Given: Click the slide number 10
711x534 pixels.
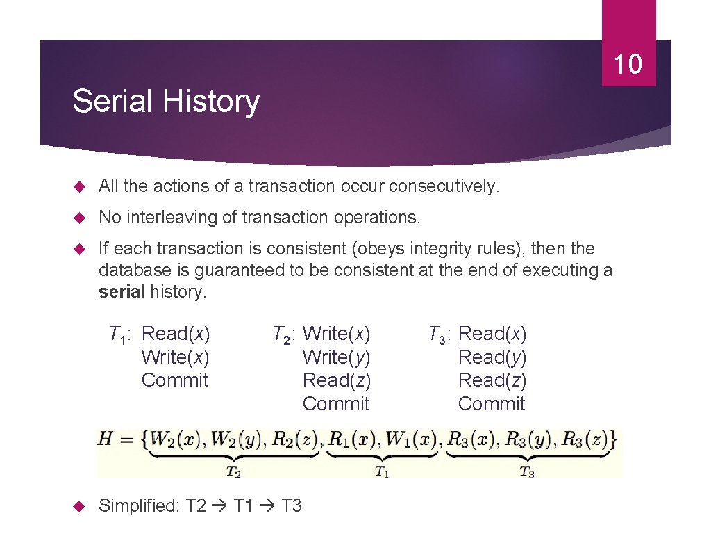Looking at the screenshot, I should [628, 65].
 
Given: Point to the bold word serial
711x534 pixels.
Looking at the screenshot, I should [122, 291].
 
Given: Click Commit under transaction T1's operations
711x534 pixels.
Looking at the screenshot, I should [175, 380].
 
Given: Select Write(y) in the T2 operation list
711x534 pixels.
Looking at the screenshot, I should [336, 357].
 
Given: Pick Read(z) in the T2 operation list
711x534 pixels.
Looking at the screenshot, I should [336, 380].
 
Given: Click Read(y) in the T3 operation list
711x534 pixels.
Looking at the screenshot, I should [492, 357].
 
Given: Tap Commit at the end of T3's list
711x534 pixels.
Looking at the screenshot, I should [492, 403].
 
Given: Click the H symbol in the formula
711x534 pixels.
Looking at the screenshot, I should [106, 439].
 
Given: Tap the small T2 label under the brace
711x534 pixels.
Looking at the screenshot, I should [234, 471].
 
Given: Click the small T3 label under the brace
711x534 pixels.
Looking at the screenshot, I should [527, 471].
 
